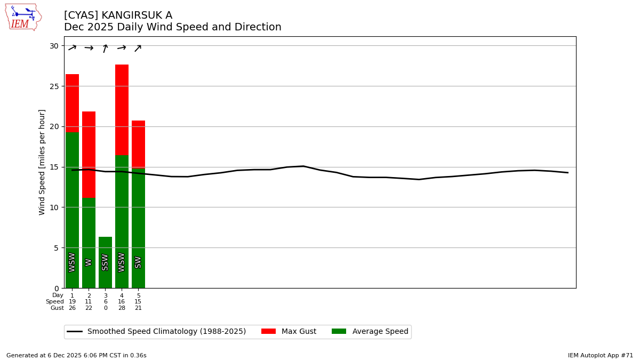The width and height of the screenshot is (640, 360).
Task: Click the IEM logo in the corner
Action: [23, 17]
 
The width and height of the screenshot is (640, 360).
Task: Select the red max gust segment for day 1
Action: [72, 103]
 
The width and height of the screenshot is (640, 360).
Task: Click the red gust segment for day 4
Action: [122, 110]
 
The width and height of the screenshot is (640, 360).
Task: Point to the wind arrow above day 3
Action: [105, 49]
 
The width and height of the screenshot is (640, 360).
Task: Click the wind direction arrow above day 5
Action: [138, 49]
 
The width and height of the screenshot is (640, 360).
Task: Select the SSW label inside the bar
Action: [105, 262]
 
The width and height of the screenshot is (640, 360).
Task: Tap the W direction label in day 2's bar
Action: [89, 262]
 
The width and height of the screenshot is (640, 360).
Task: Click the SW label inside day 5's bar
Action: [138, 262]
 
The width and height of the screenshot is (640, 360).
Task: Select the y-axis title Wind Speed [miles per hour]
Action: [42, 162]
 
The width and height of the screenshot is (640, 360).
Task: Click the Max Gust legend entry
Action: [289, 332]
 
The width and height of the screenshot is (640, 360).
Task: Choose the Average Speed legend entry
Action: [370, 332]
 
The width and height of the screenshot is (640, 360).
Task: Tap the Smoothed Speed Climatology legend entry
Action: [157, 332]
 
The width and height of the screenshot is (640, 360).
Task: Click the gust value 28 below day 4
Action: [122, 308]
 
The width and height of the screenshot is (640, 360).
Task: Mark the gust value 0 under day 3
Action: [105, 308]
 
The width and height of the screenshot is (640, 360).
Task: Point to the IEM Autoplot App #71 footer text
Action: [600, 355]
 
